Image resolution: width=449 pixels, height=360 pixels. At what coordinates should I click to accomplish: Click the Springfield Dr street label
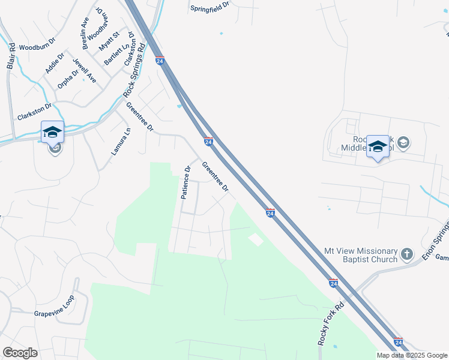[210, 7]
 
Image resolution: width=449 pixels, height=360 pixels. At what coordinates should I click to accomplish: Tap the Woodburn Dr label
[37, 46]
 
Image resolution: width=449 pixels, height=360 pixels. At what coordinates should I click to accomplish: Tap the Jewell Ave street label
[84, 70]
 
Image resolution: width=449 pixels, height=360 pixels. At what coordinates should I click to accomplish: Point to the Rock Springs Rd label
[134, 73]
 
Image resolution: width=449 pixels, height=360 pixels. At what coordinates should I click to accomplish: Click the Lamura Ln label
[121, 142]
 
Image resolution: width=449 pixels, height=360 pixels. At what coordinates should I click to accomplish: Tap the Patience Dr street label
[186, 182]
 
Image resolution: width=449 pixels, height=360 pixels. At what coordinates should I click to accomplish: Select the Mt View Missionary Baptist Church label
[361, 255]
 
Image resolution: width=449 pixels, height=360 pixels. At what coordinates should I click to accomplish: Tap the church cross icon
[407, 254]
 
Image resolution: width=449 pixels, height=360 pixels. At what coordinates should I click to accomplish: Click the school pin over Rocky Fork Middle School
[378, 146]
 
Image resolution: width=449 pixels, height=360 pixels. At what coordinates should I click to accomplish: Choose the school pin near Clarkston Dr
[52, 132]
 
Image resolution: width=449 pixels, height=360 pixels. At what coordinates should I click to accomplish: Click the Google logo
[20, 353]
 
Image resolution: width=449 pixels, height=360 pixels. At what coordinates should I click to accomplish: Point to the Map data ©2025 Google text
[412, 355]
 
